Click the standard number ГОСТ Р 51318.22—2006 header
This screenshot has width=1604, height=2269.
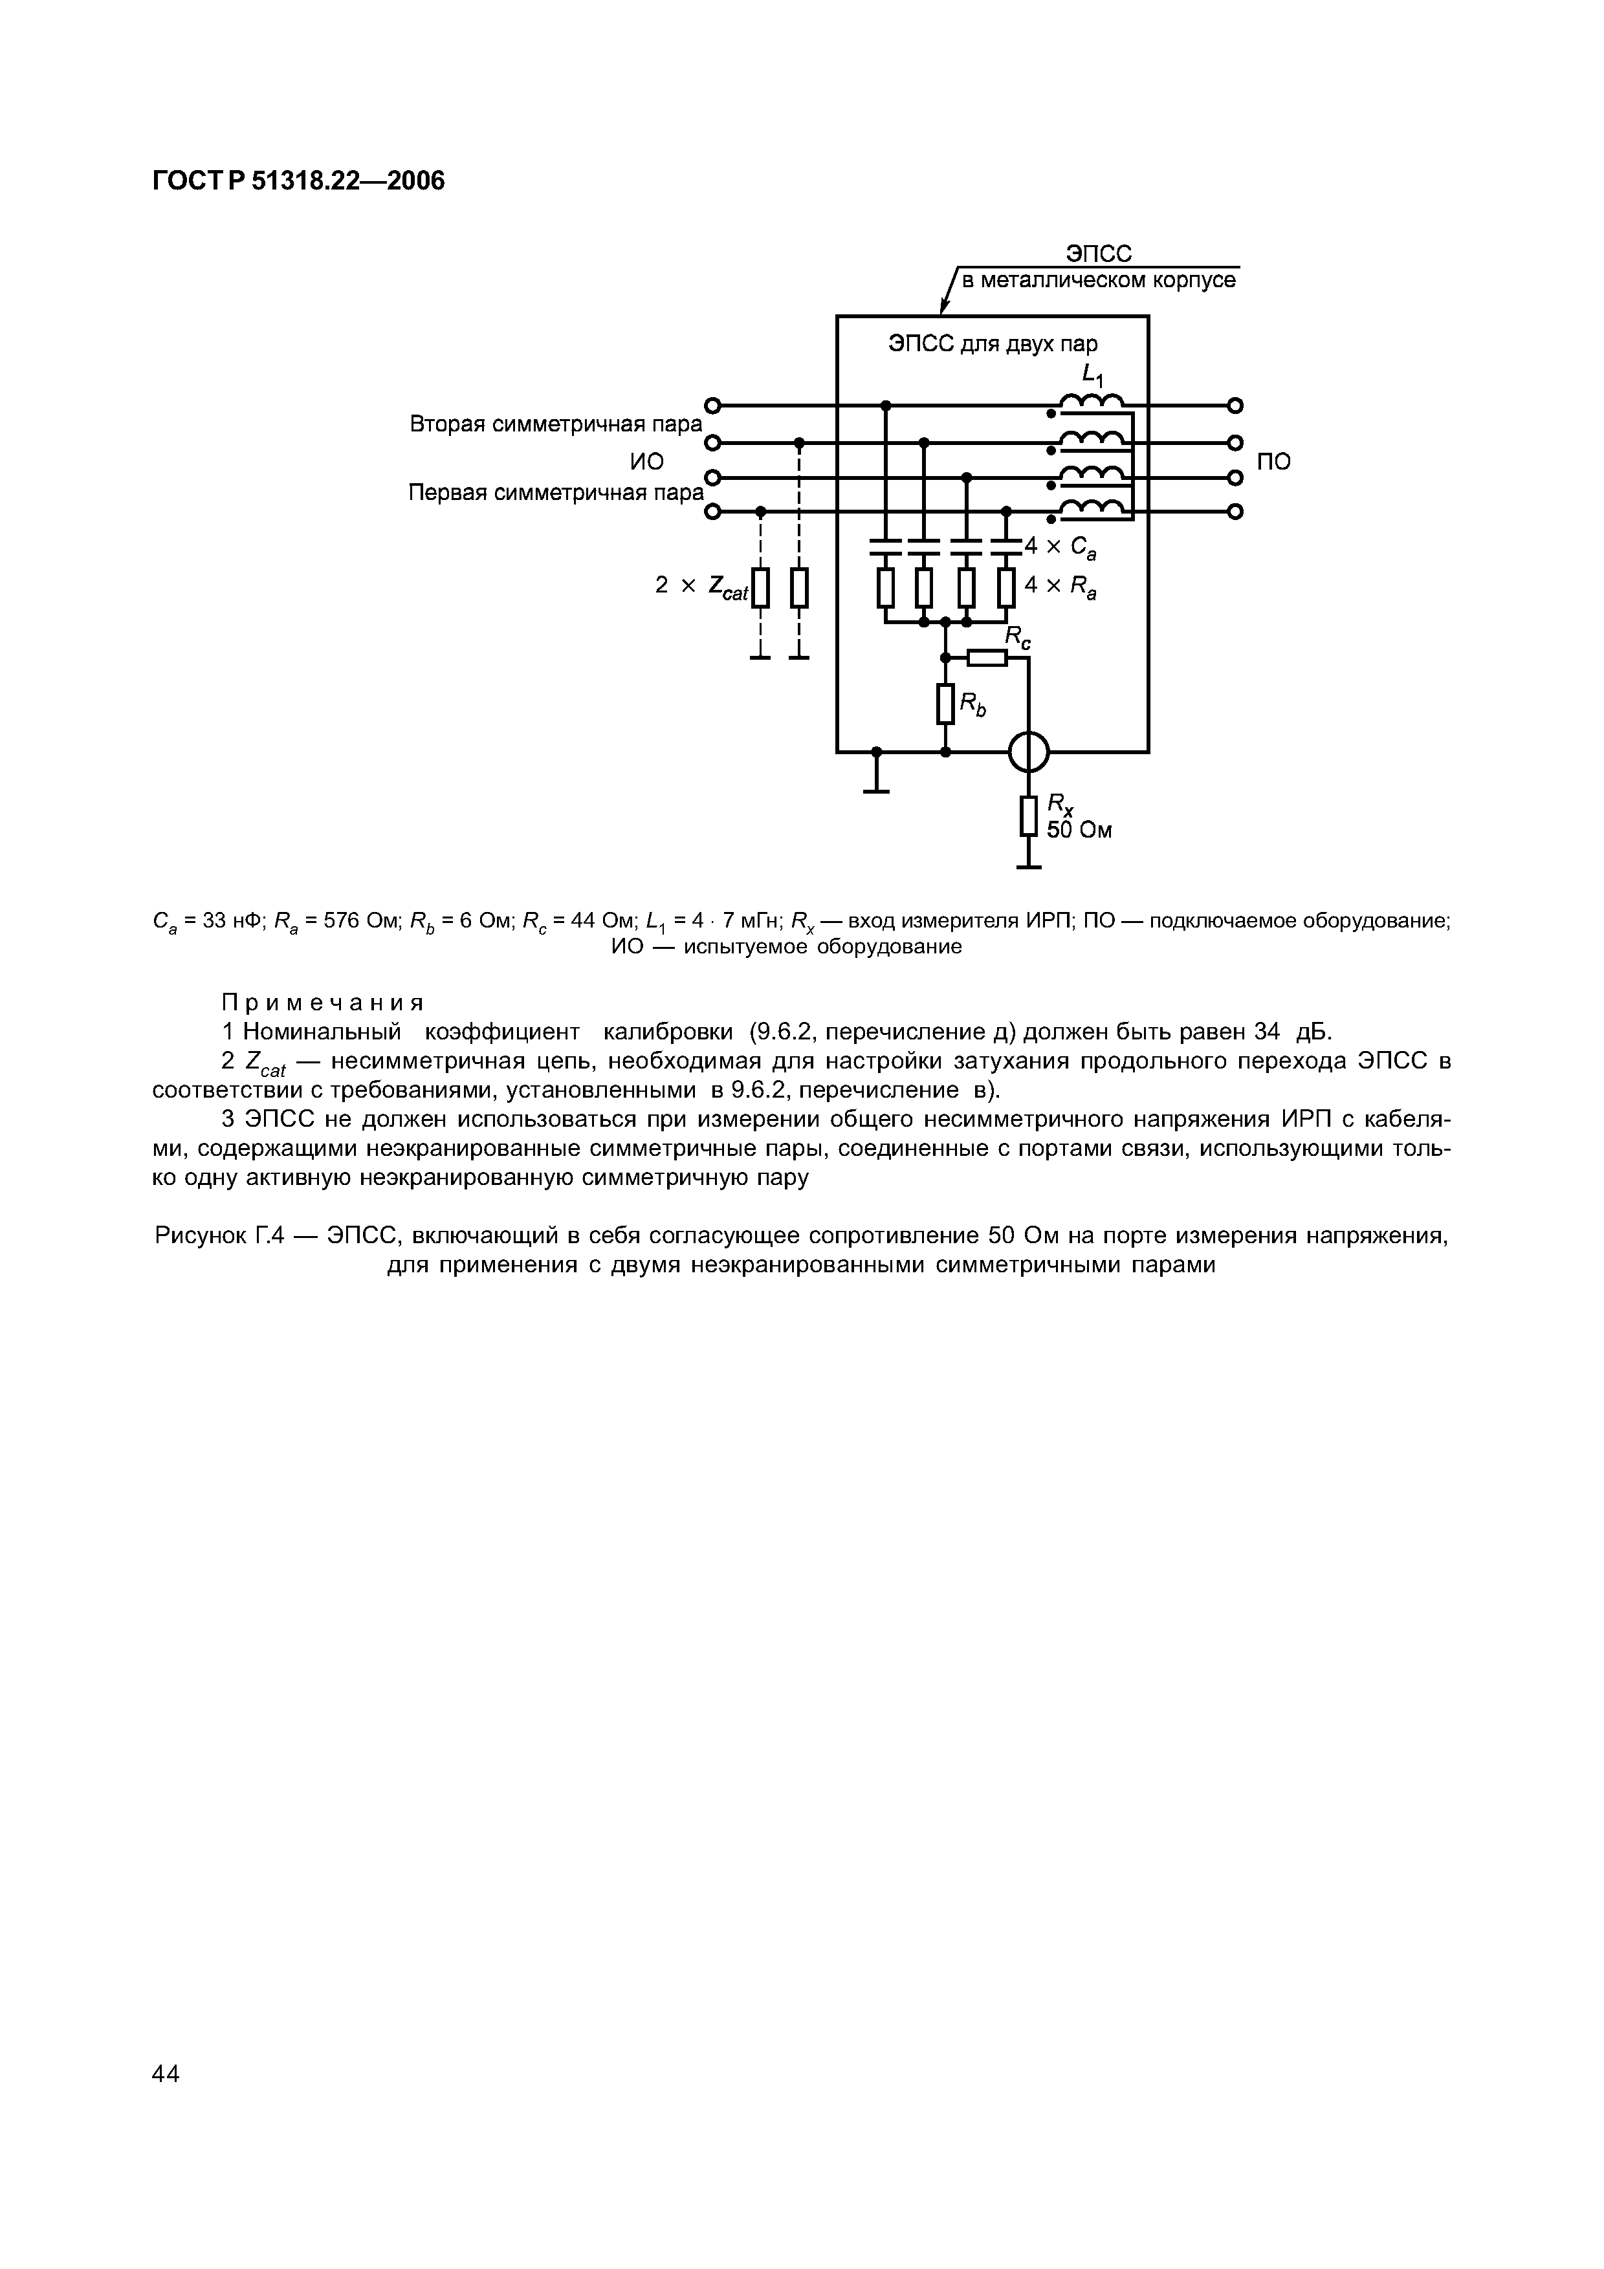tap(298, 181)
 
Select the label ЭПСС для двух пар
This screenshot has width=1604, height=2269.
tap(993, 345)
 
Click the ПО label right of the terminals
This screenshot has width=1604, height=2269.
tap(1274, 462)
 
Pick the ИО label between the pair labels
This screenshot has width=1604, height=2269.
tap(646, 462)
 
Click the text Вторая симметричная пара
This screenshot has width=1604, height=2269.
tap(555, 424)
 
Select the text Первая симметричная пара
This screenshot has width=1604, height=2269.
tap(555, 492)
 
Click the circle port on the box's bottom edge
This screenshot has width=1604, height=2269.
tap(1029, 753)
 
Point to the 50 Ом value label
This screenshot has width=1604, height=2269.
tap(1079, 831)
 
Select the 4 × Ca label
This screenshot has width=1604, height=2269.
tap(1059, 547)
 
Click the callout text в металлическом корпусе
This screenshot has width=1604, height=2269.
tap(1098, 281)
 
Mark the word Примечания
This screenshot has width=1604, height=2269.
tap(322, 1003)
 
